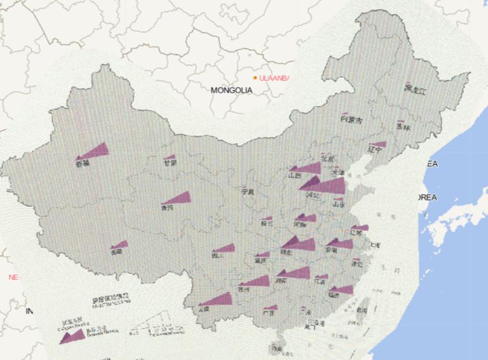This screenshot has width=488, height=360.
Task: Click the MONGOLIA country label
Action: point(231,90)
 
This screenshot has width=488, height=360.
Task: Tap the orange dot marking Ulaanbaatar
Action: point(255,78)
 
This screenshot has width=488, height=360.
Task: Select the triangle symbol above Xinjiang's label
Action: point(95,151)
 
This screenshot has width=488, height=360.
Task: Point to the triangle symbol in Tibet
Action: point(120,244)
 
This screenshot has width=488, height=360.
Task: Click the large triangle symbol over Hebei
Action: point(327,186)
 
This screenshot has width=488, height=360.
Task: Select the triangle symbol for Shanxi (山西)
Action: point(308,168)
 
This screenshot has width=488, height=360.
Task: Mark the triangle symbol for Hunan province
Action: point(296,273)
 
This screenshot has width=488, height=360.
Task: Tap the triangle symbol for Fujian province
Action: point(342,289)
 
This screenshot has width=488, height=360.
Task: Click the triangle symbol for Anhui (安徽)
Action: point(342,243)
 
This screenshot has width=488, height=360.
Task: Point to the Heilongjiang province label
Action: point(416,90)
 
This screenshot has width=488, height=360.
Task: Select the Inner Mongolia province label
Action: point(351,120)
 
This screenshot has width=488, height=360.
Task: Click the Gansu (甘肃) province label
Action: point(170,163)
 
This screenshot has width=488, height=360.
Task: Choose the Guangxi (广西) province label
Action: point(269,313)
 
